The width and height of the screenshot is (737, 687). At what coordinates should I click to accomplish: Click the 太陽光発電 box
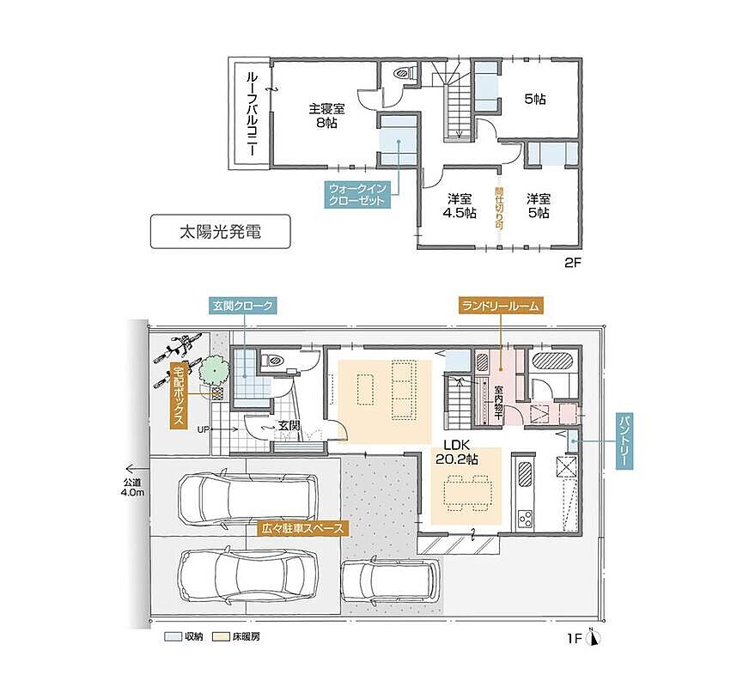point(220,232)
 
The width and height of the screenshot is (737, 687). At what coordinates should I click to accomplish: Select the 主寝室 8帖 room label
point(326,116)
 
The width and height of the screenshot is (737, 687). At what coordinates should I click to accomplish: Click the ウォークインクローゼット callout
point(357,195)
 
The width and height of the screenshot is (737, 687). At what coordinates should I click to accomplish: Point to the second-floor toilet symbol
point(404,73)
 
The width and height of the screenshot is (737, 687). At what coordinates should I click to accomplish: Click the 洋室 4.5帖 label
point(460,206)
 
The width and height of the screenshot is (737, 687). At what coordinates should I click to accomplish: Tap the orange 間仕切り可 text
point(499,209)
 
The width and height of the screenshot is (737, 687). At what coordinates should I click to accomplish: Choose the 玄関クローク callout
point(242,306)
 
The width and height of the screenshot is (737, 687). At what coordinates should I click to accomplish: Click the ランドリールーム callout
point(500,306)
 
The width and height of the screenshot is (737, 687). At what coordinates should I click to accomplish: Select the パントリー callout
point(624,441)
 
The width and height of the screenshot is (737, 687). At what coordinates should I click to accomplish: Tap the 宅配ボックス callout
point(178,395)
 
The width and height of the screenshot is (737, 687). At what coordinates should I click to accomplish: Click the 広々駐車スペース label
point(303,529)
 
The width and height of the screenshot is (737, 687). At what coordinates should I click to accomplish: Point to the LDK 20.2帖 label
point(457,452)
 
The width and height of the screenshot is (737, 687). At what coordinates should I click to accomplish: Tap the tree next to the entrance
point(215,371)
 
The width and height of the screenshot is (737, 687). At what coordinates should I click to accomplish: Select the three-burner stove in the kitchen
point(525,520)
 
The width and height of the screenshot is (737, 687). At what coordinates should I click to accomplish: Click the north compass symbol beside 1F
point(595,638)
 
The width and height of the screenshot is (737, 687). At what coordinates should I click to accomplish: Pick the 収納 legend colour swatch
point(173,636)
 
